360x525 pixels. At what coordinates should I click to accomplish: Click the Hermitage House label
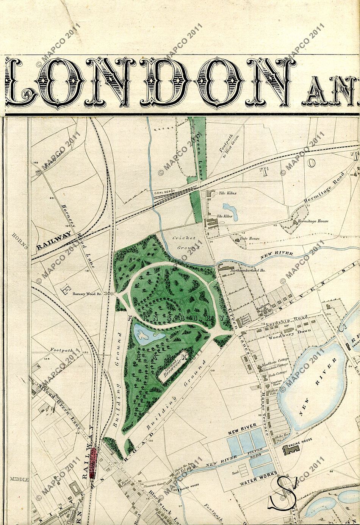point(313,221)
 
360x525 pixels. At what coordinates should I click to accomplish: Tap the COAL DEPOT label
point(163,192)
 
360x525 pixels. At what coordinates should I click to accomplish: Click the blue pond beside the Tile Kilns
point(230,211)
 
